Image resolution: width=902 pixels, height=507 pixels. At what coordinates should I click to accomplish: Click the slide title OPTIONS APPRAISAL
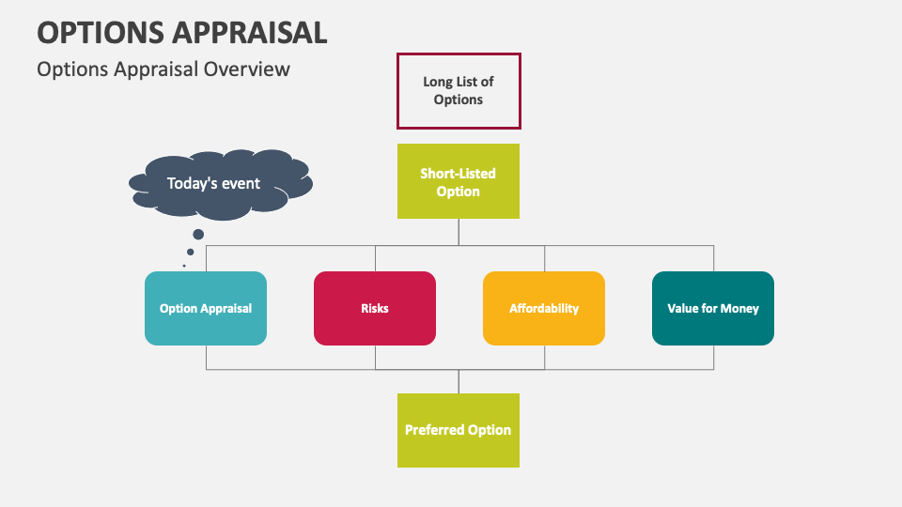(182, 32)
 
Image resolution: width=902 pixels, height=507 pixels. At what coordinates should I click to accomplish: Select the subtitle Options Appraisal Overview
(163, 69)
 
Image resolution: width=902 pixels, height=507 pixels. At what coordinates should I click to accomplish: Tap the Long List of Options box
(459, 91)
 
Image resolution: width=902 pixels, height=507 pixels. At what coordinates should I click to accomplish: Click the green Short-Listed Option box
(459, 181)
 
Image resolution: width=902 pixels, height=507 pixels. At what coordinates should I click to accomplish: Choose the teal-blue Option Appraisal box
(206, 308)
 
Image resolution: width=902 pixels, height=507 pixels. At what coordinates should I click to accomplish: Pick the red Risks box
(375, 308)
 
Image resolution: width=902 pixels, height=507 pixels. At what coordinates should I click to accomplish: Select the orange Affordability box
(544, 308)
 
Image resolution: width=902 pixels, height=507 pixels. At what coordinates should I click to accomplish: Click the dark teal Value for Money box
(713, 308)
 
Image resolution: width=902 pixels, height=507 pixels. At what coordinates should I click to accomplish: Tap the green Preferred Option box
(459, 430)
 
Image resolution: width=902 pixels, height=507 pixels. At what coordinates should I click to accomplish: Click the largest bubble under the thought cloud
(197, 235)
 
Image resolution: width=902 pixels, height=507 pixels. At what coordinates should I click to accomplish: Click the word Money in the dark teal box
(739, 308)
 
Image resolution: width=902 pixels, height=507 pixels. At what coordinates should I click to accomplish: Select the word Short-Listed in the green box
(459, 174)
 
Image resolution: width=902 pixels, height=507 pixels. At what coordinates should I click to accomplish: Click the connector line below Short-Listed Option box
(459, 232)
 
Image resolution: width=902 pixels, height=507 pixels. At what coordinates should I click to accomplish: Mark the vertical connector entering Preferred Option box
(459, 381)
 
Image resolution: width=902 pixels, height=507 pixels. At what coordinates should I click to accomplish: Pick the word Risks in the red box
(375, 308)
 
